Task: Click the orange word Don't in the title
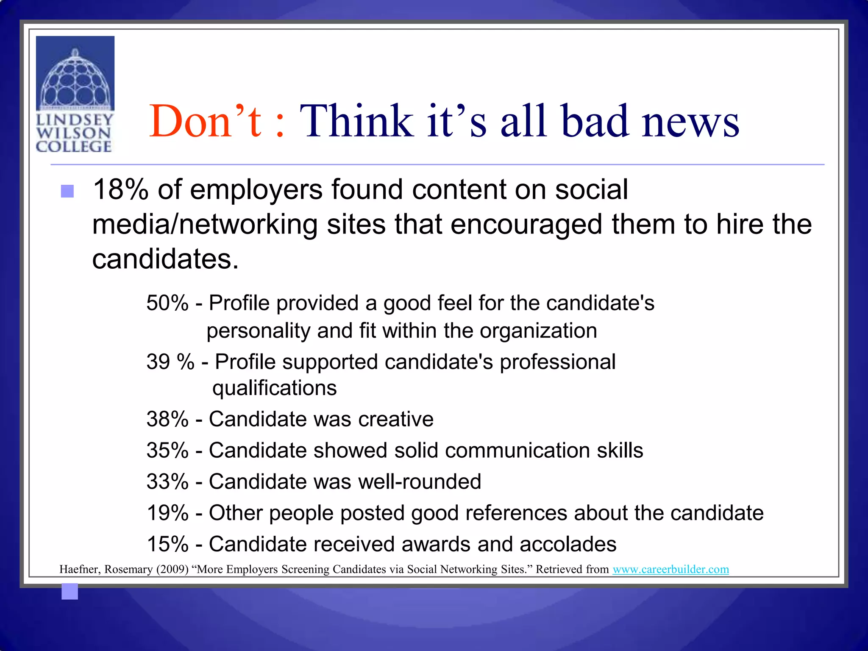[x=206, y=122]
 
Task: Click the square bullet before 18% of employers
[x=67, y=191]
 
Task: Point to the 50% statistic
[x=167, y=303]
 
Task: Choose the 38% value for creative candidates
[x=167, y=420]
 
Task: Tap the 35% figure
[x=167, y=451]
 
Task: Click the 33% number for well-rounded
[x=167, y=482]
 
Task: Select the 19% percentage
[x=167, y=513]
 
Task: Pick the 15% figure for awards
[x=167, y=545]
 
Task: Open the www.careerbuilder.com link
[x=671, y=569]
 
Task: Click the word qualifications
[x=275, y=388]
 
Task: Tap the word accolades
[x=568, y=545]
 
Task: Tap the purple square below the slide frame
[x=70, y=591]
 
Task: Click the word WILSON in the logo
[x=74, y=133]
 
